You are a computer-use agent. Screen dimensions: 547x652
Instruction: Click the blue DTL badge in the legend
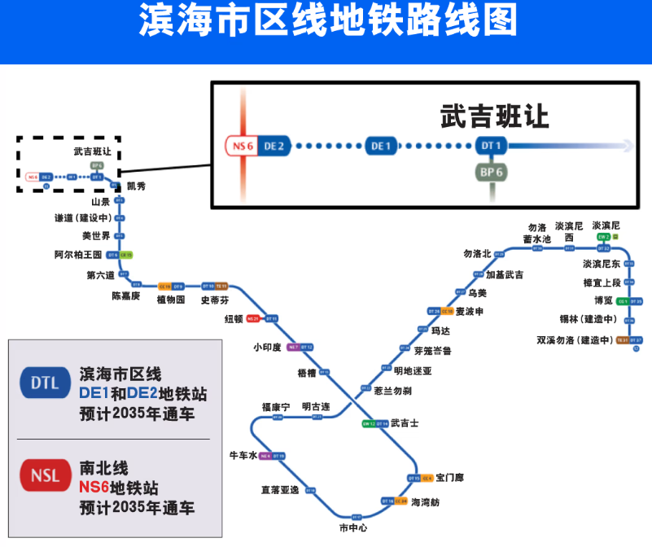pyautogui.click(x=45, y=383)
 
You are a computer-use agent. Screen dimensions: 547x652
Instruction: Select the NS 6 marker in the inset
pyautogui.click(x=243, y=146)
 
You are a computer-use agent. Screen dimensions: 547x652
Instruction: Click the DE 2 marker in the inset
pyautogui.click(x=275, y=146)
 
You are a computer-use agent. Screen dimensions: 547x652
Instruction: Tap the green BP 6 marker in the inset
pyautogui.click(x=492, y=173)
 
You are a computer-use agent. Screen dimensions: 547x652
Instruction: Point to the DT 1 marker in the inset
pyautogui.click(x=492, y=146)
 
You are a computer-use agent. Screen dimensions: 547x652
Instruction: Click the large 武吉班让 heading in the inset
pyautogui.click(x=494, y=116)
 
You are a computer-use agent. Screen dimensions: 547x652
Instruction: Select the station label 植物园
pyautogui.click(x=173, y=300)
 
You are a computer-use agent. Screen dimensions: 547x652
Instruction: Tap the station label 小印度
pyautogui.click(x=267, y=348)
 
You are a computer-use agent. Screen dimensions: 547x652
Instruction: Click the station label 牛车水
pyautogui.click(x=243, y=456)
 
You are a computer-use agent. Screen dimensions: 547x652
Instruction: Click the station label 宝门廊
pyautogui.click(x=449, y=478)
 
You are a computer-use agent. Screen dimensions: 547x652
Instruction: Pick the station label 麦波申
pyautogui.click(x=470, y=312)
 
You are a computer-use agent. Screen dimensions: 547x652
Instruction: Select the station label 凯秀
pyautogui.click(x=136, y=186)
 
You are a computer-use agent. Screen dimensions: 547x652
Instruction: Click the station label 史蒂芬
pyautogui.click(x=215, y=300)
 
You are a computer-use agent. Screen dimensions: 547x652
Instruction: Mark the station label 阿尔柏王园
pyautogui.click(x=78, y=255)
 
